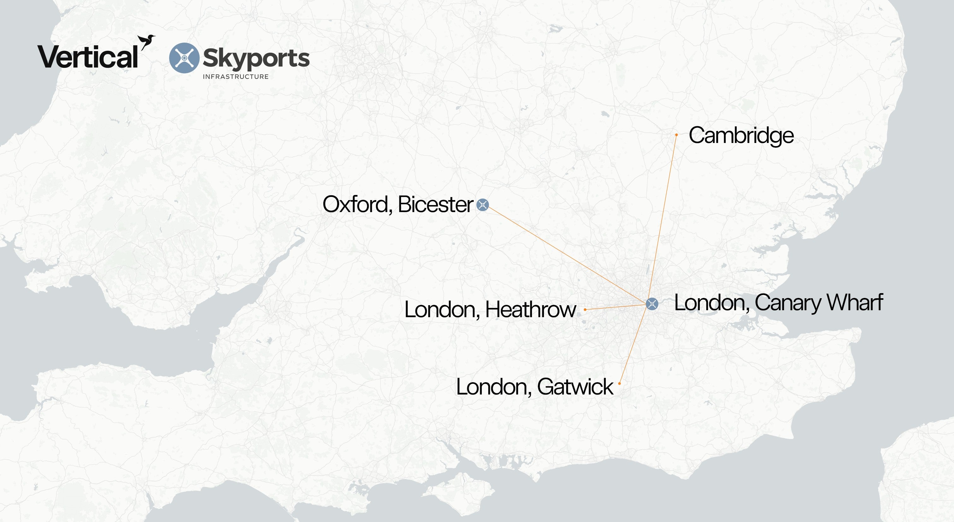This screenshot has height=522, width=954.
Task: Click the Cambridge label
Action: click(741, 135)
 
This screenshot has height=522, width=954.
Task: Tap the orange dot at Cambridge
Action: click(676, 135)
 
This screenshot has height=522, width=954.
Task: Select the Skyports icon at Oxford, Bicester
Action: click(483, 205)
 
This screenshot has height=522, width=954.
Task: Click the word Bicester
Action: click(436, 204)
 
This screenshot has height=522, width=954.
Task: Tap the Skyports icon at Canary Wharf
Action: click(652, 304)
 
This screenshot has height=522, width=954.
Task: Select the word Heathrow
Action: click(530, 309)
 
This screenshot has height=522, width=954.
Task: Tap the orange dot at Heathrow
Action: click(585, 309)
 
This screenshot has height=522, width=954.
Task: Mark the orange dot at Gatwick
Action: click(620, 383)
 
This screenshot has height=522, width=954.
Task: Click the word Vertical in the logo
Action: click(88, 57)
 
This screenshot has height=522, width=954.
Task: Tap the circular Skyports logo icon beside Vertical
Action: click(184, 58)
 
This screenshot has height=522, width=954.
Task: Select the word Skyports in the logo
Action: click(256, 58)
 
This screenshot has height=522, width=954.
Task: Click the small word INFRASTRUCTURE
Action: click(236, 77)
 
